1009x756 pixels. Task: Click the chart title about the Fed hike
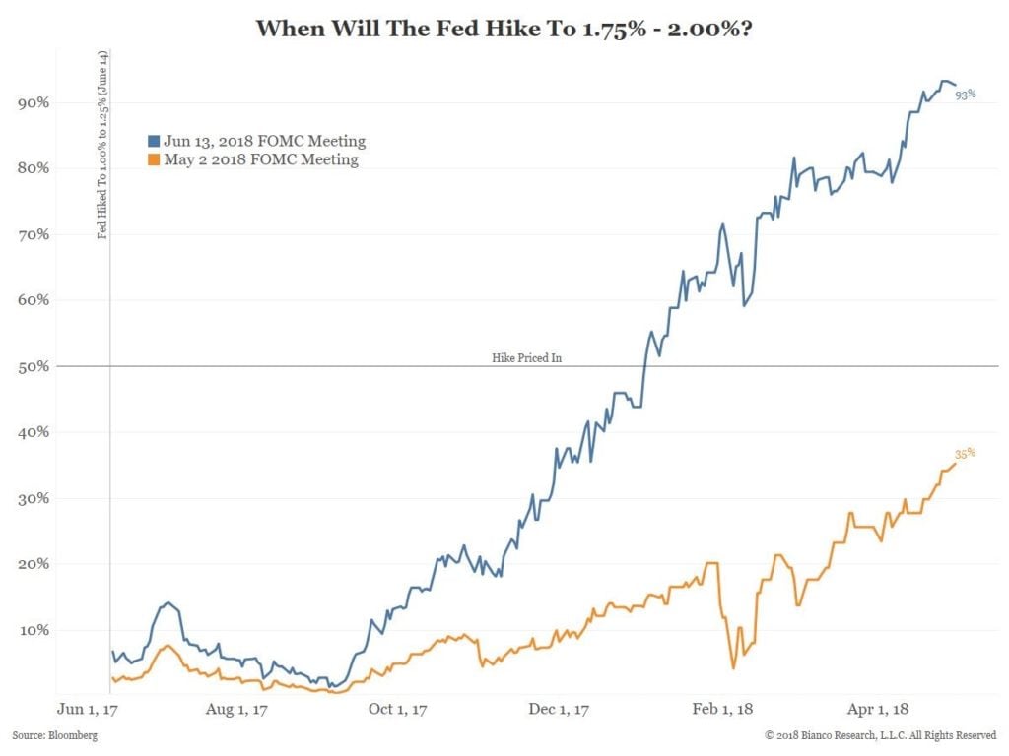pyautogui.click(x=504, y=28)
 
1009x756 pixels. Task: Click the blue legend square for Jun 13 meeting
pyautogui.click(x=154, y=141)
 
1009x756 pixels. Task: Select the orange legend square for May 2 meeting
pyautogui.click(x=154, y=159)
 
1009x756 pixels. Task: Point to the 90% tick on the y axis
pyautogui.click(x=35, y=102)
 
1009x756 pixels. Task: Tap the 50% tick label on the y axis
pyautogui.click(x=35, y=366)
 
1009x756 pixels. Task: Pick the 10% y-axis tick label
pyautogui.click(x=35, y=630)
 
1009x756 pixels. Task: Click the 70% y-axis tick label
pyautogui.click(x=35, y=234)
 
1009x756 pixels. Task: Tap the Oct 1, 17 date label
pyautogui.click(x=397, y=708)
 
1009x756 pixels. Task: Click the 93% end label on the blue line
pyautogui.click(x=965, y=94)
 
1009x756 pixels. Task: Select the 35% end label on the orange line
pyautogui.click(x=965, y=453)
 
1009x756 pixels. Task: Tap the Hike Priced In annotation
pyautogui.click(x=526, y=358)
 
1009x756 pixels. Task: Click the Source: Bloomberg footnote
pyautogui.click(x=55, y=735)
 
